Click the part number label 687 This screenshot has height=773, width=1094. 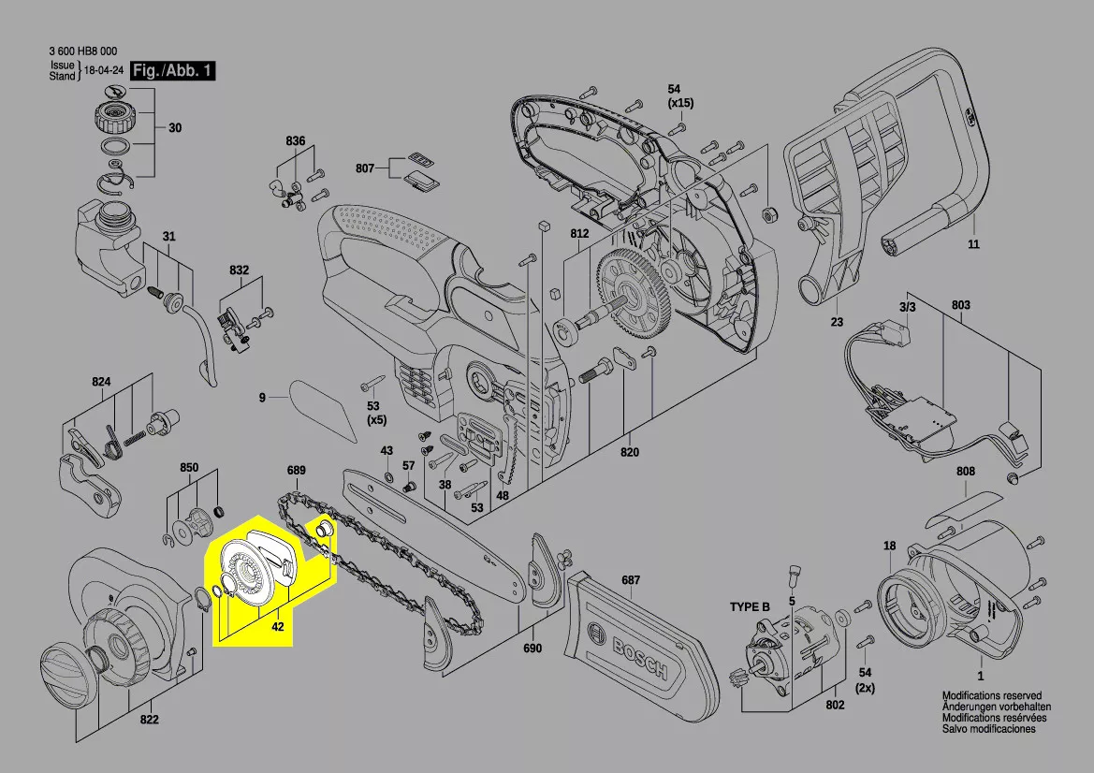pyautogui.click(x=631, y=580)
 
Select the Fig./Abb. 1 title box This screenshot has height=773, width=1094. pyautogui.click(x=173, y=71)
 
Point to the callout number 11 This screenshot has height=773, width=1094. pyautogui.click(x=973, y=245)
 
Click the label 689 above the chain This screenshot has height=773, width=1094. pyautogui.click(x=297, y=470)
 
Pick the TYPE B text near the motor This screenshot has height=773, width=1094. pyautogui.click(x=750, y=607)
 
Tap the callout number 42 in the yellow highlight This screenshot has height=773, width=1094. pyautogui.click(x=277, y=628)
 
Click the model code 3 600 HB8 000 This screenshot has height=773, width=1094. pyautogui.click(x=84, y=52)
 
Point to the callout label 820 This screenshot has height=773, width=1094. pyautogui.click(x=629, y=453)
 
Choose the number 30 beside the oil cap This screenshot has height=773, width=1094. pyautogui.click(x=175, y=129)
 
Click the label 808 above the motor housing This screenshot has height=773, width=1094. pyautogui.click(x=966, y=472)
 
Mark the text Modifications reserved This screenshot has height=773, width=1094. pyautogui.click(x=991, y=696)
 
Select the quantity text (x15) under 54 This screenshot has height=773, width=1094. pyautogui.click(x=680, y=102)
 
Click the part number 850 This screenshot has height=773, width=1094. pyautogui.click(x=189, y=466)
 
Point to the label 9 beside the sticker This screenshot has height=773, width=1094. pyautogui.click(x=263, y=398)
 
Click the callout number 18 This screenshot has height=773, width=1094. pyautogui.click(x=889, y=545)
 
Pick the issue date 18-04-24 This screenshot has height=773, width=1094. pyautogui.click(x=104, y=71)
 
